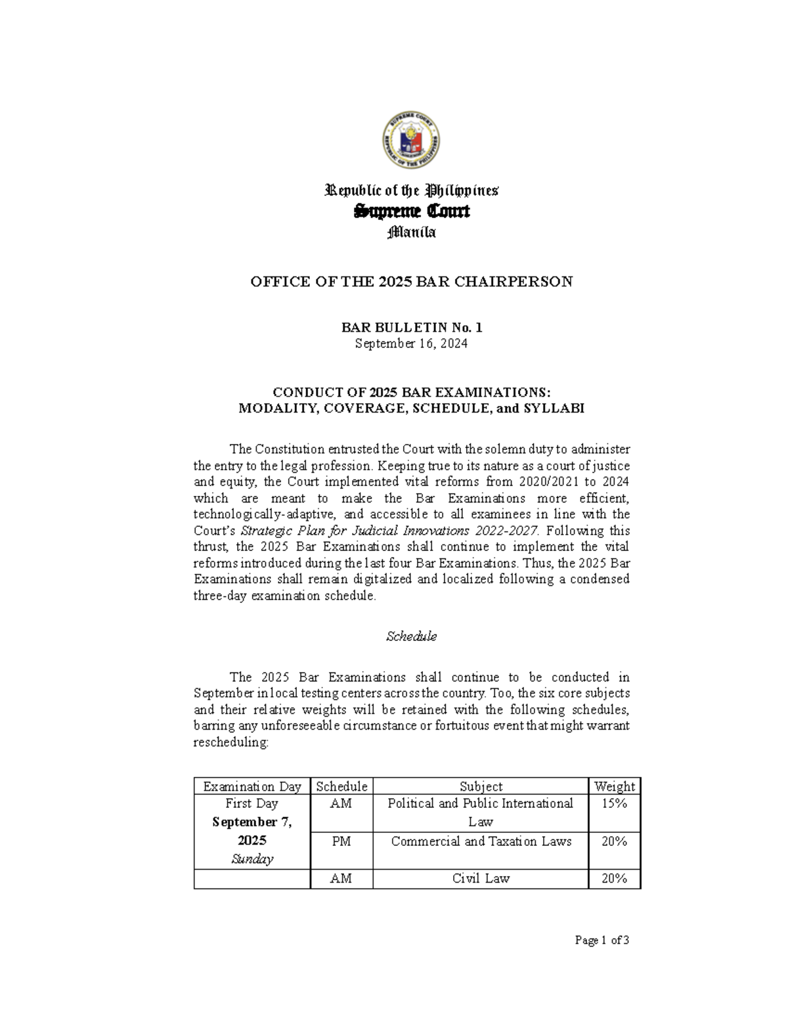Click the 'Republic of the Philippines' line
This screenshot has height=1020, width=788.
click(412, 191)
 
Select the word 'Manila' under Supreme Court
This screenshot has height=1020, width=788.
click(412, 233)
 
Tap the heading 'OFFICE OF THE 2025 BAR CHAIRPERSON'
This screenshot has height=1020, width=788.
click(412, 282)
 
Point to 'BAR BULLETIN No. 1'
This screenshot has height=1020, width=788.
click(412, 327)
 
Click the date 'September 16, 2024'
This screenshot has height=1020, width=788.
click(412, 344)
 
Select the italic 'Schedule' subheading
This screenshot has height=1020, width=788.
click(412, 636)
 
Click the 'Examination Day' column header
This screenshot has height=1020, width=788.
click(252, 786)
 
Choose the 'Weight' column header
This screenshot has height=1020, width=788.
click(614, 786)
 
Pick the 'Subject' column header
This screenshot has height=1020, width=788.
click(481, 786)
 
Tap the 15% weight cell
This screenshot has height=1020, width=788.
click(614, 803)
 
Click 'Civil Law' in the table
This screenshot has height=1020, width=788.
click(481, 878)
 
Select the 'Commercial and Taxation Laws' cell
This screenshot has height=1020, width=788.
click(481, 841)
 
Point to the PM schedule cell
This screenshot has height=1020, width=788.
click(341, 841)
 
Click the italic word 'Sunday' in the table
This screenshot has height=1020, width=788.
click(252, 859)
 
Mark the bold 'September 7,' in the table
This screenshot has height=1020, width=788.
click(252, 822)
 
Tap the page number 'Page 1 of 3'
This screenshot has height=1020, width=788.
click(602, 941)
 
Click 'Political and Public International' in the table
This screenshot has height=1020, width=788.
click(481, 803)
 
